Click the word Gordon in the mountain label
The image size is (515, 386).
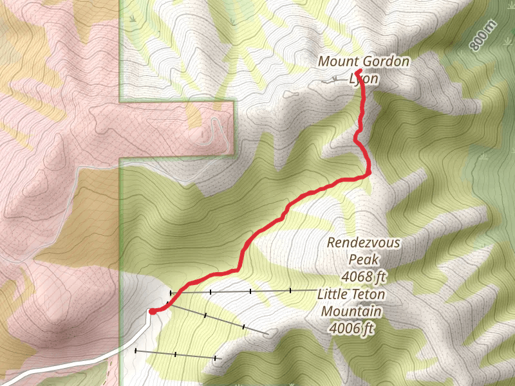[x=385, y=62]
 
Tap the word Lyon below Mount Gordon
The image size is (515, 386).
[x=364, y=78]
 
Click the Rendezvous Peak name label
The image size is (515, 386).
[x=364, y=243]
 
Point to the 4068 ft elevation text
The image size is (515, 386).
[x=364, y=277]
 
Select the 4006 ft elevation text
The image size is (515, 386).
[x=351, y=328]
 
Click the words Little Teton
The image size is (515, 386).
[x=351, y=295]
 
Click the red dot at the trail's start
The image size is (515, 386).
[x=153, y=311]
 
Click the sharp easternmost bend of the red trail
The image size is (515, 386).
[x=370, y=172]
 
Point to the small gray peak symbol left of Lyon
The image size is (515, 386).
[x=333, y=79]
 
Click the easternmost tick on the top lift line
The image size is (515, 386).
[x=290, y=291]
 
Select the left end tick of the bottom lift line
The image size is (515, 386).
[x=136, y=351]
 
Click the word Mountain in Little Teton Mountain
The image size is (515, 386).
[x=351, y=311]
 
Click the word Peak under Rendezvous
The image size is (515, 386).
[x=364, y=260]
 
